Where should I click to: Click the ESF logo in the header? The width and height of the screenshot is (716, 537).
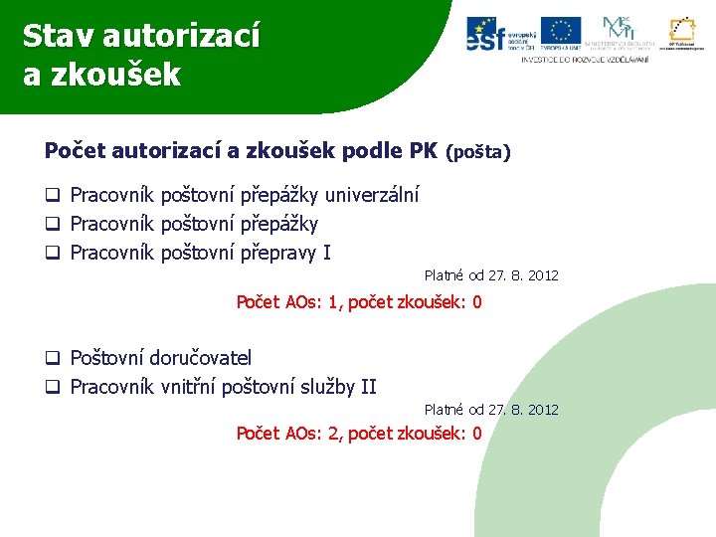500,34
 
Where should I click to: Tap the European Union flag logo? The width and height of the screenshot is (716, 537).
561,32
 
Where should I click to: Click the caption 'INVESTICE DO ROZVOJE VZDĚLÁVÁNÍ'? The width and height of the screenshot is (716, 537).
585,60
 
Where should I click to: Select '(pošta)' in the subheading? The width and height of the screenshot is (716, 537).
478,153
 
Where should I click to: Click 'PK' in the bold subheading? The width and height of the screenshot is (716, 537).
423,151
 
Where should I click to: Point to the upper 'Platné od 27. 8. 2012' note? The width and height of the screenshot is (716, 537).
491,274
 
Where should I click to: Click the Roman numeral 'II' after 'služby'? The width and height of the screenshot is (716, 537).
367,387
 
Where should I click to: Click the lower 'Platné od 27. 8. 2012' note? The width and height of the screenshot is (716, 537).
491,409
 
